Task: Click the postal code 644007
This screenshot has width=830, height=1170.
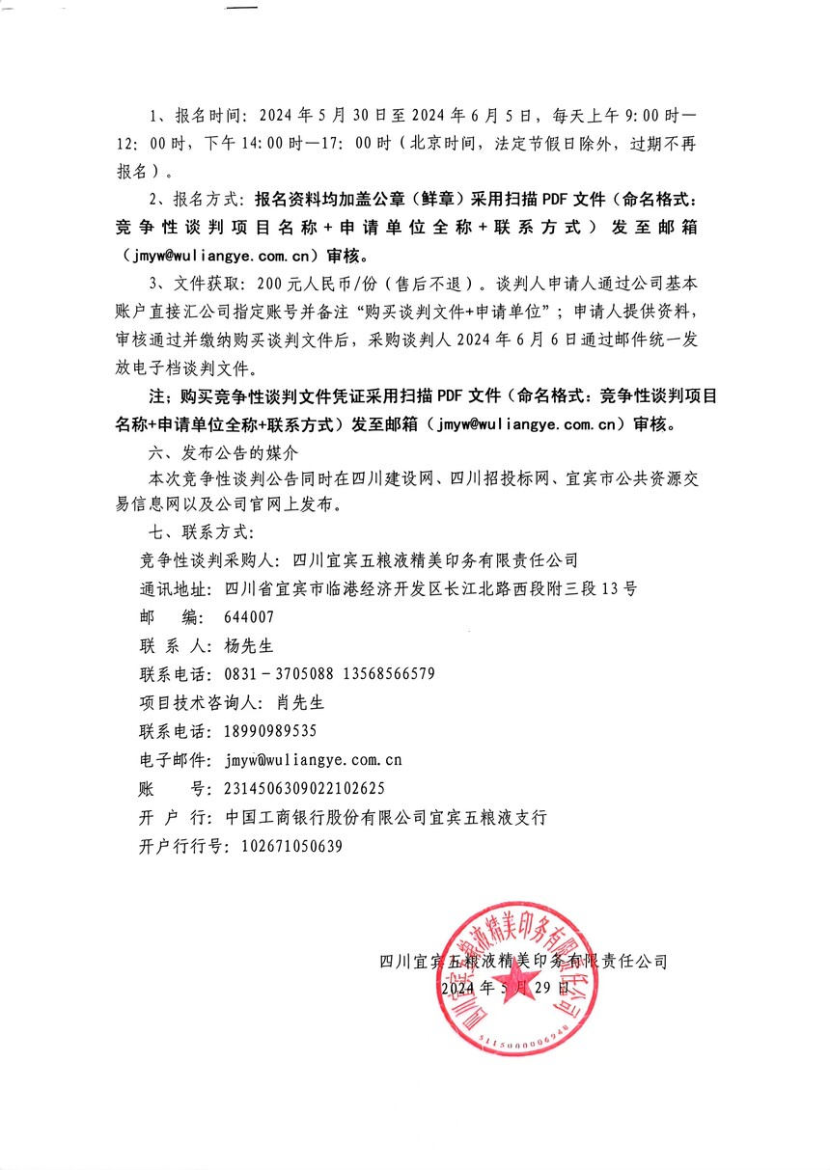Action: tap(249, 617)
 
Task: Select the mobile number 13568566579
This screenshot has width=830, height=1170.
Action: tap(390, 673)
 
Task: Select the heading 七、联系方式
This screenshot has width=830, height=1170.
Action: tap(196, 531)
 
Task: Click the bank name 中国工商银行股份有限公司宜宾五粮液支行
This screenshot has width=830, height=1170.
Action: tap(386, 817)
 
